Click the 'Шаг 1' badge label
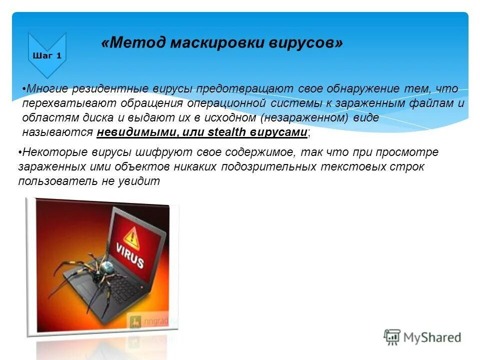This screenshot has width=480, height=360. tap(47, 55)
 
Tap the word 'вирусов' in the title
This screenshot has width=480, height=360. tap(306, 43)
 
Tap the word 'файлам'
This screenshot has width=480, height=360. tap(434, 103)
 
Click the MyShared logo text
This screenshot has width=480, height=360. tap(431, 337)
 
